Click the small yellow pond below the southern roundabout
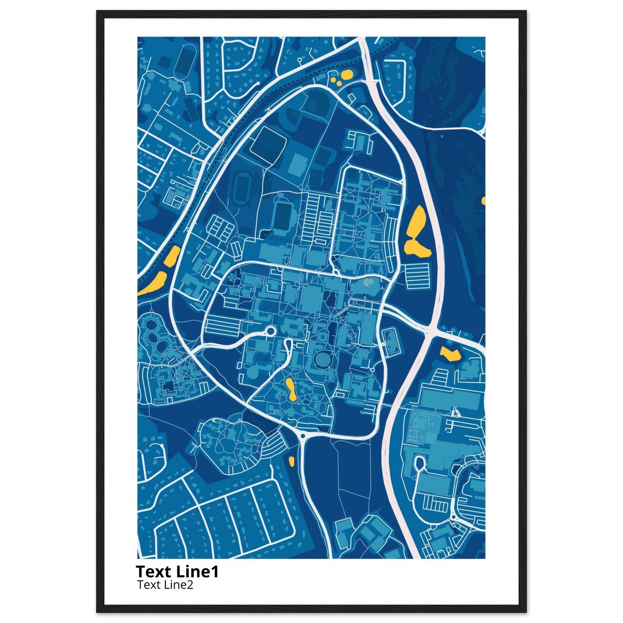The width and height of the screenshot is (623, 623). tap(291, 461)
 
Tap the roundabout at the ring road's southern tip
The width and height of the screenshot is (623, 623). tap(303, 436)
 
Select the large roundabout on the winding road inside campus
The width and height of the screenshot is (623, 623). tap(270, 331)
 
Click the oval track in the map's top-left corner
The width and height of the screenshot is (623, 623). tap(184, 60)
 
